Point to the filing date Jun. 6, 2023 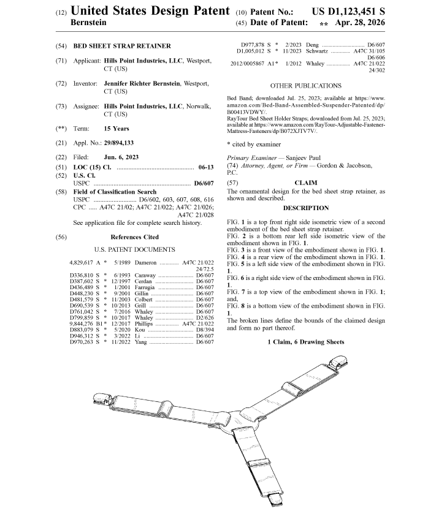121,157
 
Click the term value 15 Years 117,129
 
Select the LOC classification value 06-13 206,167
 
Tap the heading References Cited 134,237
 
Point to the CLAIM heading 306,183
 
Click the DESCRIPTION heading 305,208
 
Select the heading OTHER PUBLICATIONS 305,86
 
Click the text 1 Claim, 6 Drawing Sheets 305,341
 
